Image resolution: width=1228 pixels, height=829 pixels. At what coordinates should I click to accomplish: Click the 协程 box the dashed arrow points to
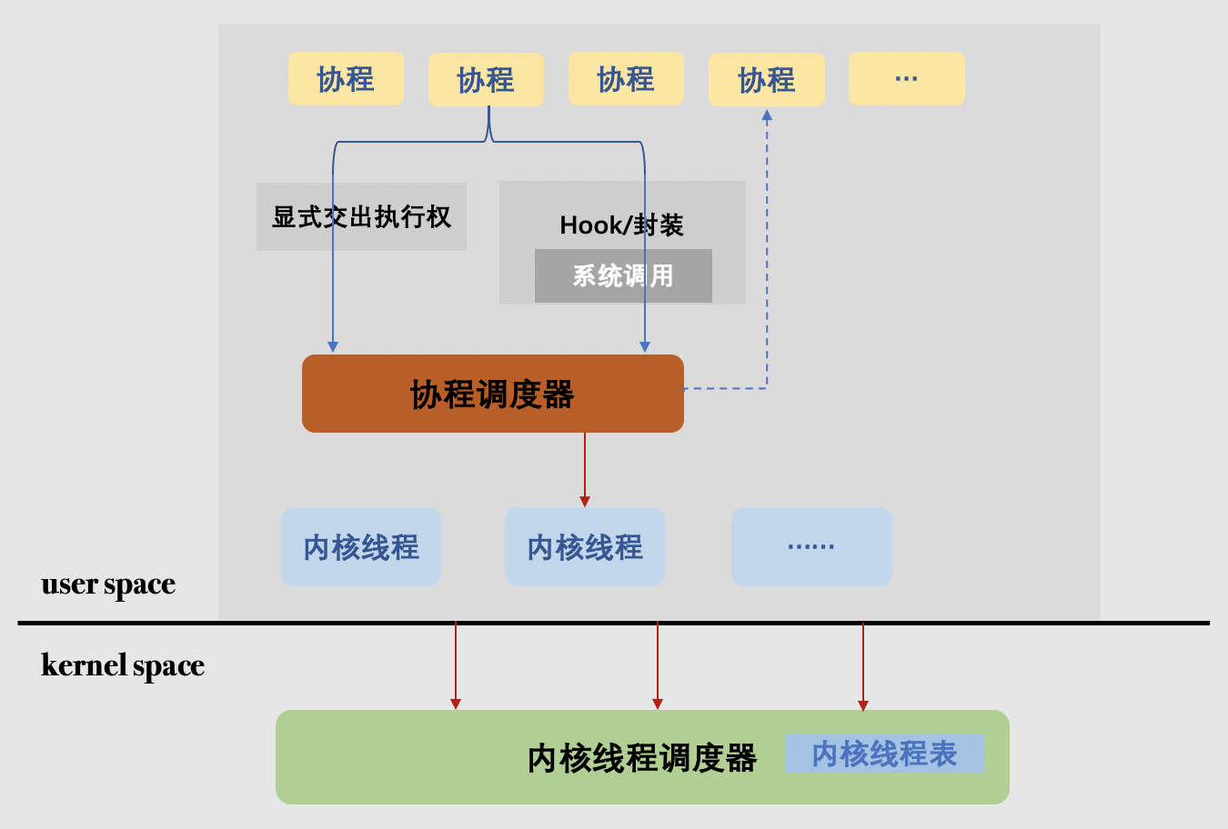tap(766, 79)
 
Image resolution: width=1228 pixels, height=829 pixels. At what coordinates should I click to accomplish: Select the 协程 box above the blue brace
tap(486, 79)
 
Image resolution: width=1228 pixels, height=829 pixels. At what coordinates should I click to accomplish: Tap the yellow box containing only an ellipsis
tap(906, 79)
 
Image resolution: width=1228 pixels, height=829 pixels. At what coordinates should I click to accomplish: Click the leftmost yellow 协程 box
tap(346, 79)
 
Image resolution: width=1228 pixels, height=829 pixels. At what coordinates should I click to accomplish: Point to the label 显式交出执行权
tap(361, 216)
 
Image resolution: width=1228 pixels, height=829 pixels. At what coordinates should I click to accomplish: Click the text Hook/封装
tap(621, 225)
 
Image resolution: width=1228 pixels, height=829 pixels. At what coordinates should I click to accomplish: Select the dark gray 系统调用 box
tap(623, 275)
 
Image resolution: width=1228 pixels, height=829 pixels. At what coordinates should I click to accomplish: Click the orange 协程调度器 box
tap(492, 394)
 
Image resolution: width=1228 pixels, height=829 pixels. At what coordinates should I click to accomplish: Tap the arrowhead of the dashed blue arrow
tap(767, 115)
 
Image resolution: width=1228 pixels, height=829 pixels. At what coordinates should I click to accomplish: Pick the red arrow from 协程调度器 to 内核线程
tap(585, 468)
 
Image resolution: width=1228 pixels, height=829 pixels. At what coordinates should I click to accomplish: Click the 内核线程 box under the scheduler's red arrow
tap(585, 547)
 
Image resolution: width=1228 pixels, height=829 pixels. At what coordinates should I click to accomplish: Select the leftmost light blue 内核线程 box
tap(361, 547)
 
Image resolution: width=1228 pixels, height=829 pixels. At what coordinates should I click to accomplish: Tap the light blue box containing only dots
tap(811, 547)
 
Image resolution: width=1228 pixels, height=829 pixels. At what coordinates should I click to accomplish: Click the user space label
tap(108, 584)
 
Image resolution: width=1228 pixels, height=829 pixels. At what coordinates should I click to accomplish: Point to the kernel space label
tap(123, 665)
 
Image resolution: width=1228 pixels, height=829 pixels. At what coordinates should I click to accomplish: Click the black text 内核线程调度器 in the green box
tap(641, 757)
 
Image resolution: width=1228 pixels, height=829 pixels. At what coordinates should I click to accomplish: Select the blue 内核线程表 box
tap(884, 754)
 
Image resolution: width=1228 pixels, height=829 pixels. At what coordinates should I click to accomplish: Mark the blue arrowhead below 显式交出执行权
tap(333, 346)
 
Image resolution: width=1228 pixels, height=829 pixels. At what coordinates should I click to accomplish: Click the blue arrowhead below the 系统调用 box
tap(645, 346)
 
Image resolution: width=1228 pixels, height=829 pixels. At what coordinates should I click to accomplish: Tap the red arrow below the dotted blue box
tap(863, 666)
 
